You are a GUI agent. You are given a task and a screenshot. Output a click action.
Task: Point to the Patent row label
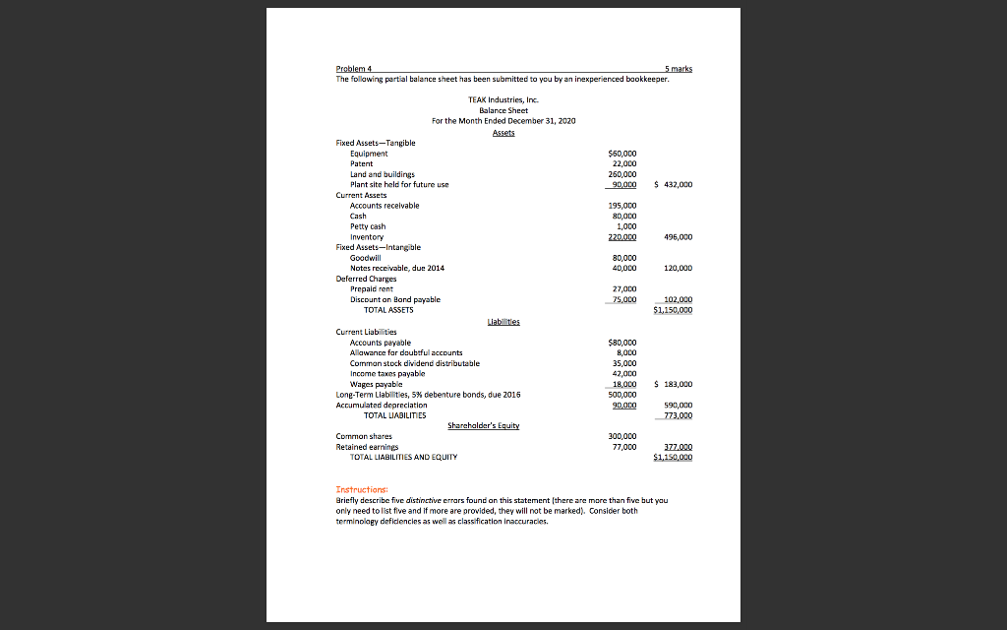(363, 163)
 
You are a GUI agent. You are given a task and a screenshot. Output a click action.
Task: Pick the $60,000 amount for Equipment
(623, 154)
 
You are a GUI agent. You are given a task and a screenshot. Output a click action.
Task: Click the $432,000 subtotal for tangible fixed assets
(676, 184)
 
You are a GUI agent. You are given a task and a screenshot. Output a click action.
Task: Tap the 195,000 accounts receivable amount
(623, 205)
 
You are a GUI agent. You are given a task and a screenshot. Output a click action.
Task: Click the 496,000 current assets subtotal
(679, 236)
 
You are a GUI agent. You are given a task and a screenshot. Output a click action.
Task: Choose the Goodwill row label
(367, 257)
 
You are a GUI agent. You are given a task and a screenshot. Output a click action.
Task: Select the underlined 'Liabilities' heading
(503, 322)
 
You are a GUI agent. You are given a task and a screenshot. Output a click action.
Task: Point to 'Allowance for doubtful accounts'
(406, 352)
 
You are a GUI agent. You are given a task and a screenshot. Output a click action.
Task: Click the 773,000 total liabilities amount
(678, 414)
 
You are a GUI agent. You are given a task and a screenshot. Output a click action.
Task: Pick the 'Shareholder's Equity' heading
(482, 425)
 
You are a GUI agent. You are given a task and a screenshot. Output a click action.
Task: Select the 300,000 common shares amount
(623, 436)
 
